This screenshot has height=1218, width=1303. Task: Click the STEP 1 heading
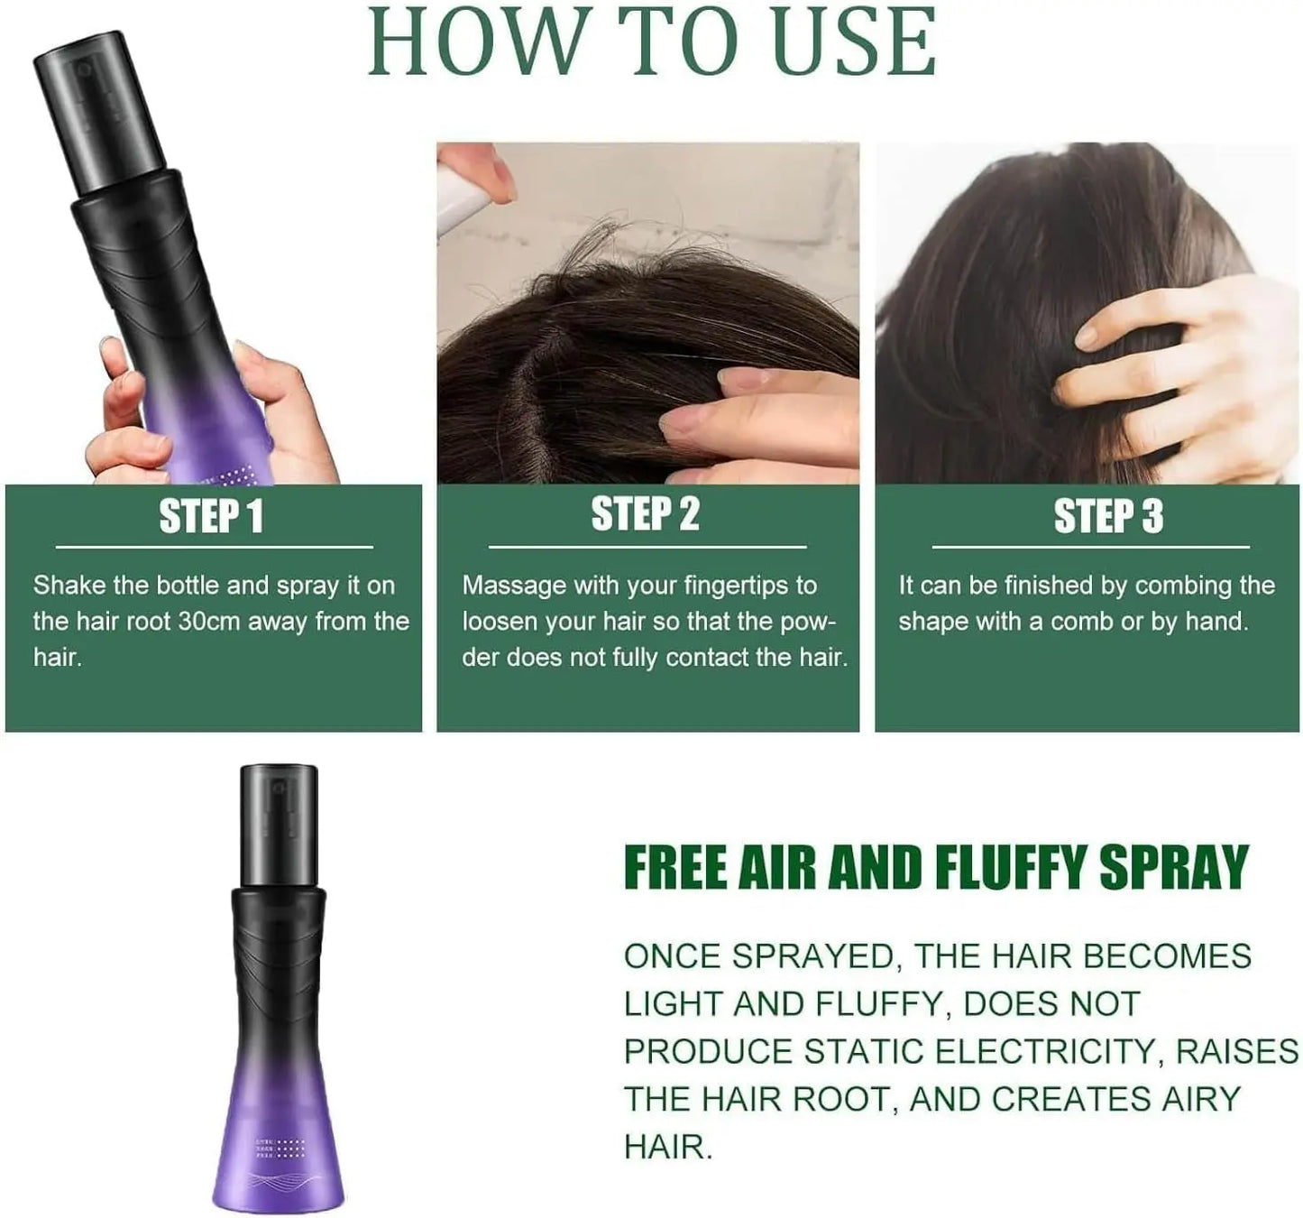211,516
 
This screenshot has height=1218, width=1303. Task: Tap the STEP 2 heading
645,514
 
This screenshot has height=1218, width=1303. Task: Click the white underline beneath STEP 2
647,547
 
